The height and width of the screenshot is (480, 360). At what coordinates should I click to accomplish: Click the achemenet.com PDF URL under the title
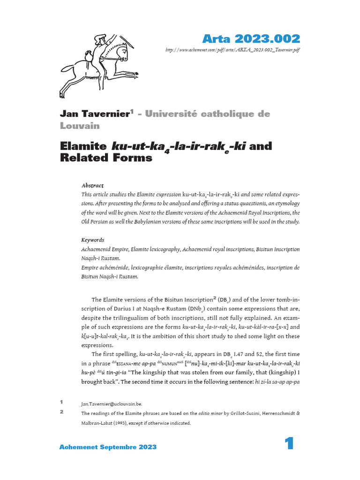232,50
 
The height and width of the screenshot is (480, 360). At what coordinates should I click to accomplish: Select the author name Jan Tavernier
94,114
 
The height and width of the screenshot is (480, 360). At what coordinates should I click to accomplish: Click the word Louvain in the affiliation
79,125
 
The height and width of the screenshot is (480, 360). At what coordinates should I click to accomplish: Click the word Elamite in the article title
83,146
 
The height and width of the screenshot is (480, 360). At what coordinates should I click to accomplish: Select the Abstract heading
92,186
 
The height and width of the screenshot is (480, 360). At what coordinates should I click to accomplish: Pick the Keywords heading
93,240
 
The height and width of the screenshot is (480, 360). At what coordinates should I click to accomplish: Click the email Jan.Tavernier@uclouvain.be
111,404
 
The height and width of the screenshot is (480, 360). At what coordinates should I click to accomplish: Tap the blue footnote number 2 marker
61,412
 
